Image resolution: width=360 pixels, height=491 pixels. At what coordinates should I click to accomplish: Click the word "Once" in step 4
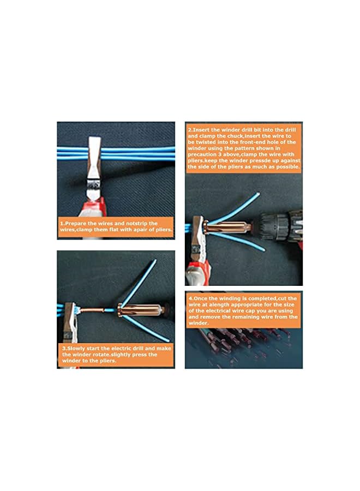pos(201,298)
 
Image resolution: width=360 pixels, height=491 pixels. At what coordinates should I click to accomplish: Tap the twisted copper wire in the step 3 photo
pos(98,311)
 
